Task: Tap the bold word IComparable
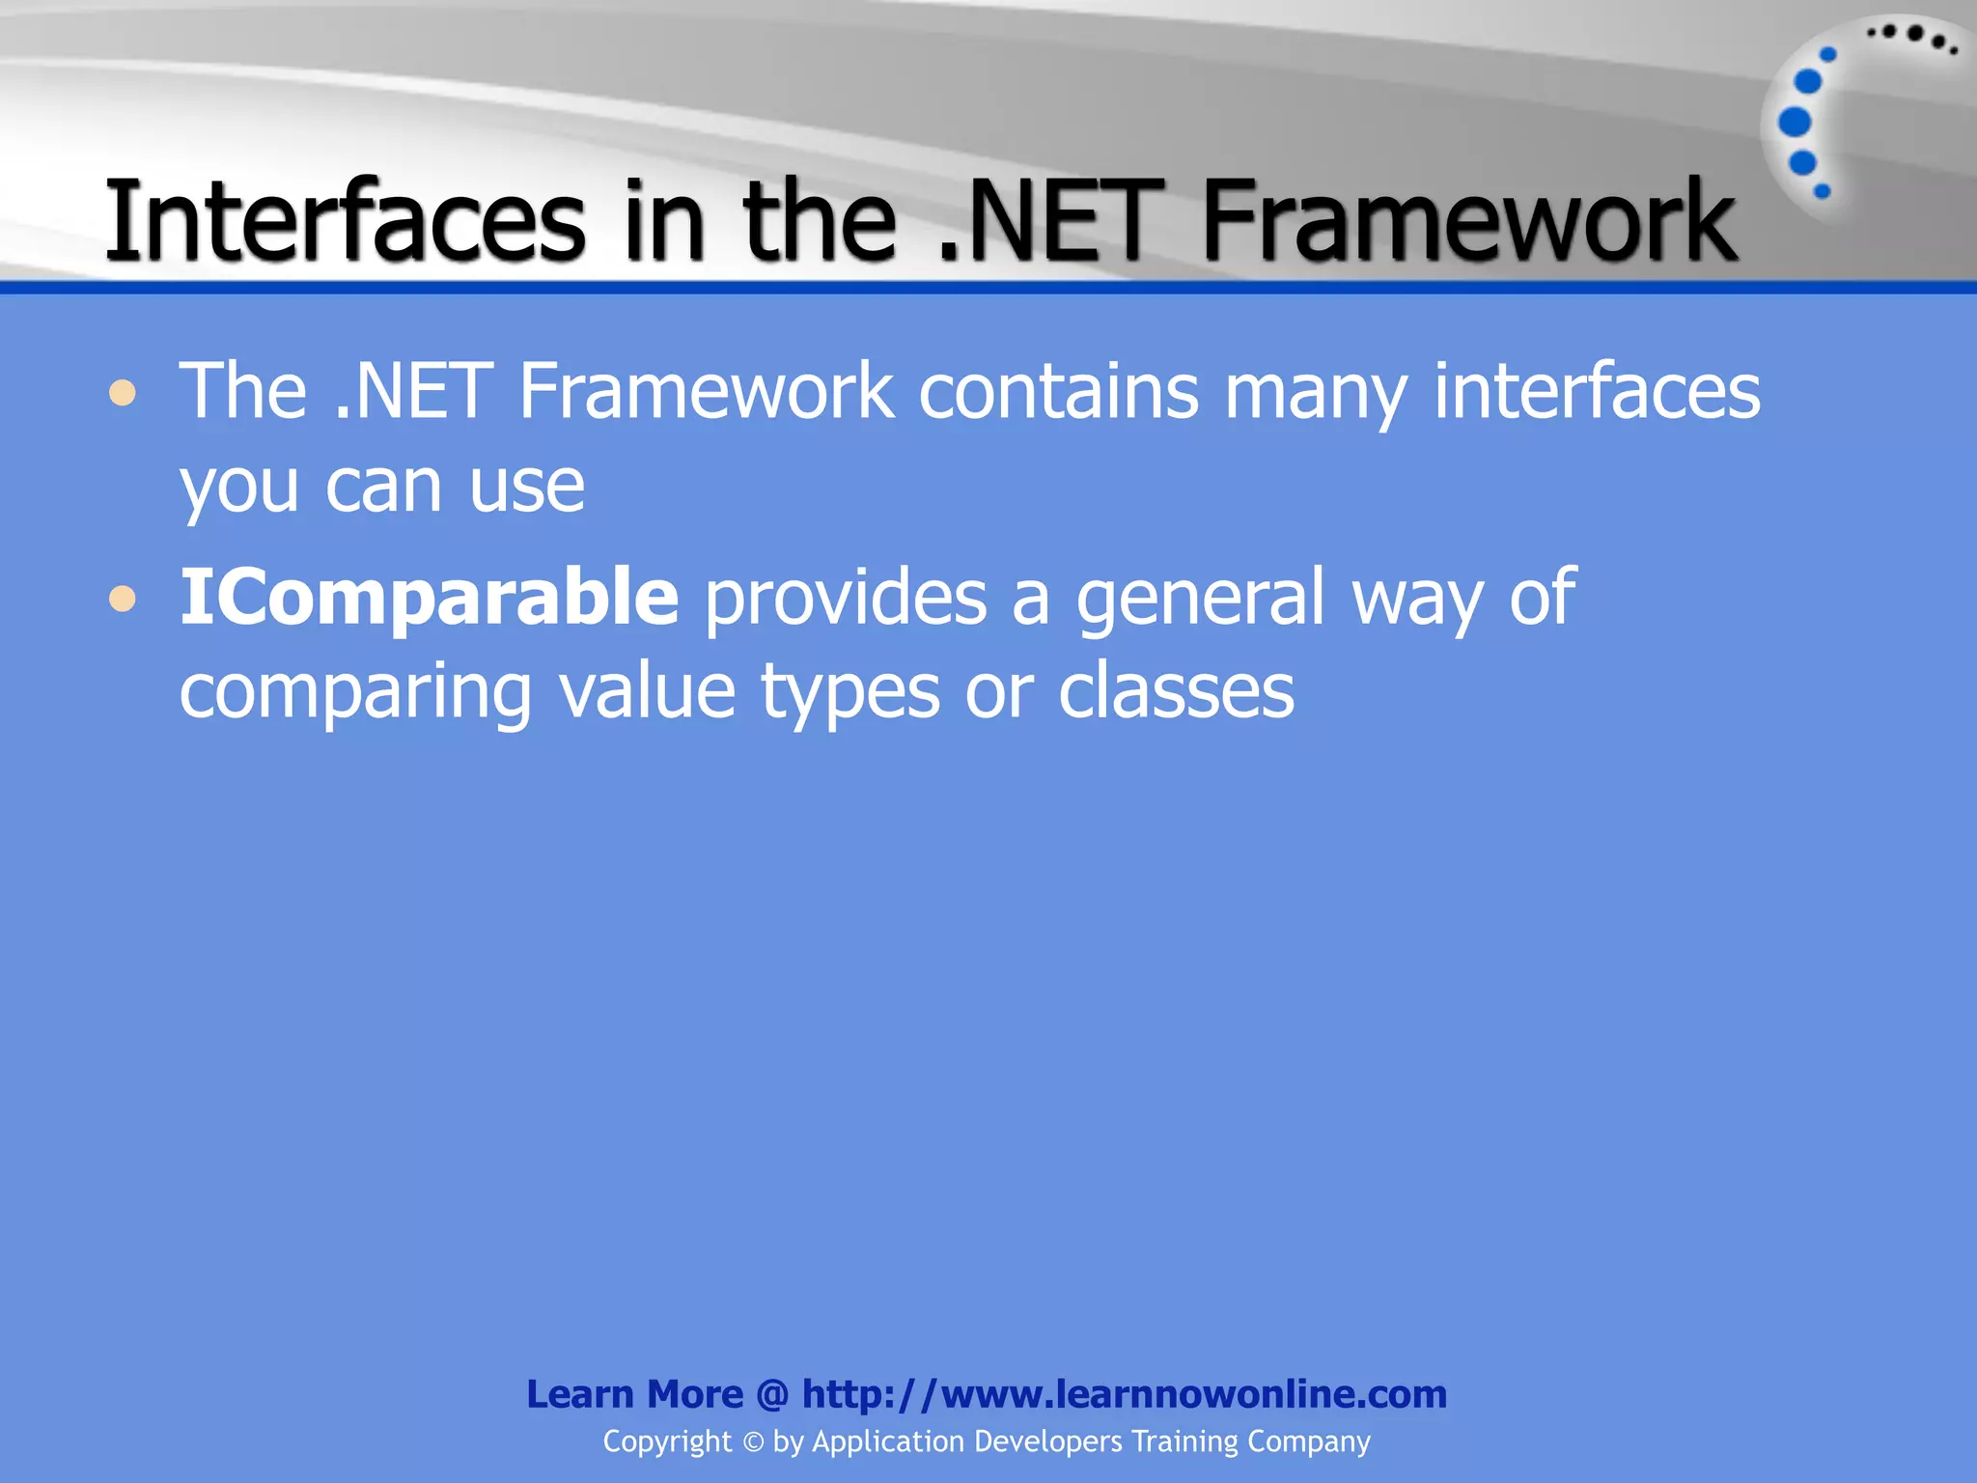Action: [430, 598]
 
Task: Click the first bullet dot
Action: [123, 394]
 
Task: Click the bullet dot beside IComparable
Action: [123, 600]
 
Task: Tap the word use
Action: [527, 486]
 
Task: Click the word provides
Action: [846, 598]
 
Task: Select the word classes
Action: [1176, 691]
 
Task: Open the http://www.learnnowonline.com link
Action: [1124, 1394]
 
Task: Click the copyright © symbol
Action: [753, 1442]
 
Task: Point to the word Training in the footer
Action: [1184, 1441]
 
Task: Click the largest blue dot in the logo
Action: [1795, 122]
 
